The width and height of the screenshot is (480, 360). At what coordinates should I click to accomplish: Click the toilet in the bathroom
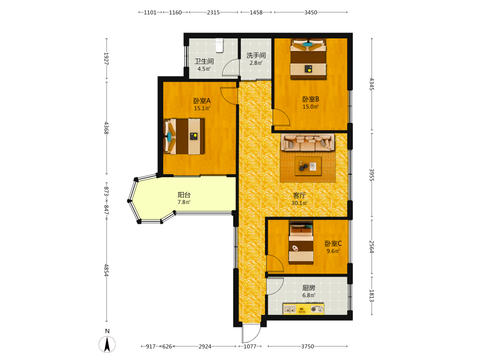click(x=219, y=45)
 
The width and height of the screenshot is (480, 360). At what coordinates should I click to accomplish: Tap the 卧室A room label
click(x=202, y=101)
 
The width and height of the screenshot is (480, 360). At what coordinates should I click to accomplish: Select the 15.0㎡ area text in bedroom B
click(x=311, y=107)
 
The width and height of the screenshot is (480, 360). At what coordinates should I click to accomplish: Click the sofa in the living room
click(x=308, y=143)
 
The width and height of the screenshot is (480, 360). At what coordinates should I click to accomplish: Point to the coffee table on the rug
click(x=308, y=166)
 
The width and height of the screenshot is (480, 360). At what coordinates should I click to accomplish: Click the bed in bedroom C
click(x=301, y=242)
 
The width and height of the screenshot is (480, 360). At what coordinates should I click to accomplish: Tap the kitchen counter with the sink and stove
click(x=303, y=309)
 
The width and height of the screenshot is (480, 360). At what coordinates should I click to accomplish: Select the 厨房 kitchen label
click(x=309, y=288)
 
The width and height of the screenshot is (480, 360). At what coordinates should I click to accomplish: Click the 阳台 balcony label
click(x=184, y=195)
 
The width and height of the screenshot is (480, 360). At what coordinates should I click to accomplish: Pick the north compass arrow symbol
click(x=107, y=344)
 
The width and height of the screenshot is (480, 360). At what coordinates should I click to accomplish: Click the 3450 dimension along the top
click(x=311, y=12)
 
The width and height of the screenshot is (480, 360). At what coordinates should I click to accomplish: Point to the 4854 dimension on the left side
click(x=106, y=270)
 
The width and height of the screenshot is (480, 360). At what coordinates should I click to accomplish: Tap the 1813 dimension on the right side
click(x=372, y=296)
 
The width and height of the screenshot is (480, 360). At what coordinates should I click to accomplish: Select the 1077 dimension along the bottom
click(x=250, y=347)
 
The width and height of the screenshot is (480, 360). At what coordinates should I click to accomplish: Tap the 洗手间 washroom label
click(x=256, y=55)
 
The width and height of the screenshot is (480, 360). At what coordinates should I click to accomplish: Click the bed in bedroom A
click(x=184, y=136)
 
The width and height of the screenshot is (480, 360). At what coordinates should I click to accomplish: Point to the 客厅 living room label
click(x=300, y=196)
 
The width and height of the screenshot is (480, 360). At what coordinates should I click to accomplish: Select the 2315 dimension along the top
click(x=214, y=12)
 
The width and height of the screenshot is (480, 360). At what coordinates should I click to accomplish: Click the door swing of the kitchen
click(x=275, y=286)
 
